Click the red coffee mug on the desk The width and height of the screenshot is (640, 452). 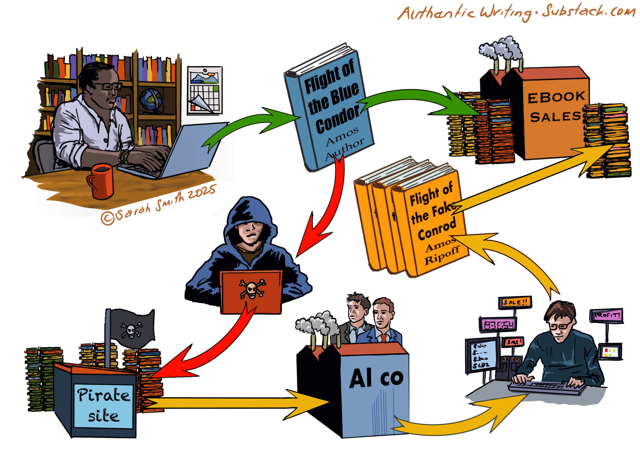pos(101,181)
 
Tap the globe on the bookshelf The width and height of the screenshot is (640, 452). pos(151,99)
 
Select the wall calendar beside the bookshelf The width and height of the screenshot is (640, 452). pos(205,90)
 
